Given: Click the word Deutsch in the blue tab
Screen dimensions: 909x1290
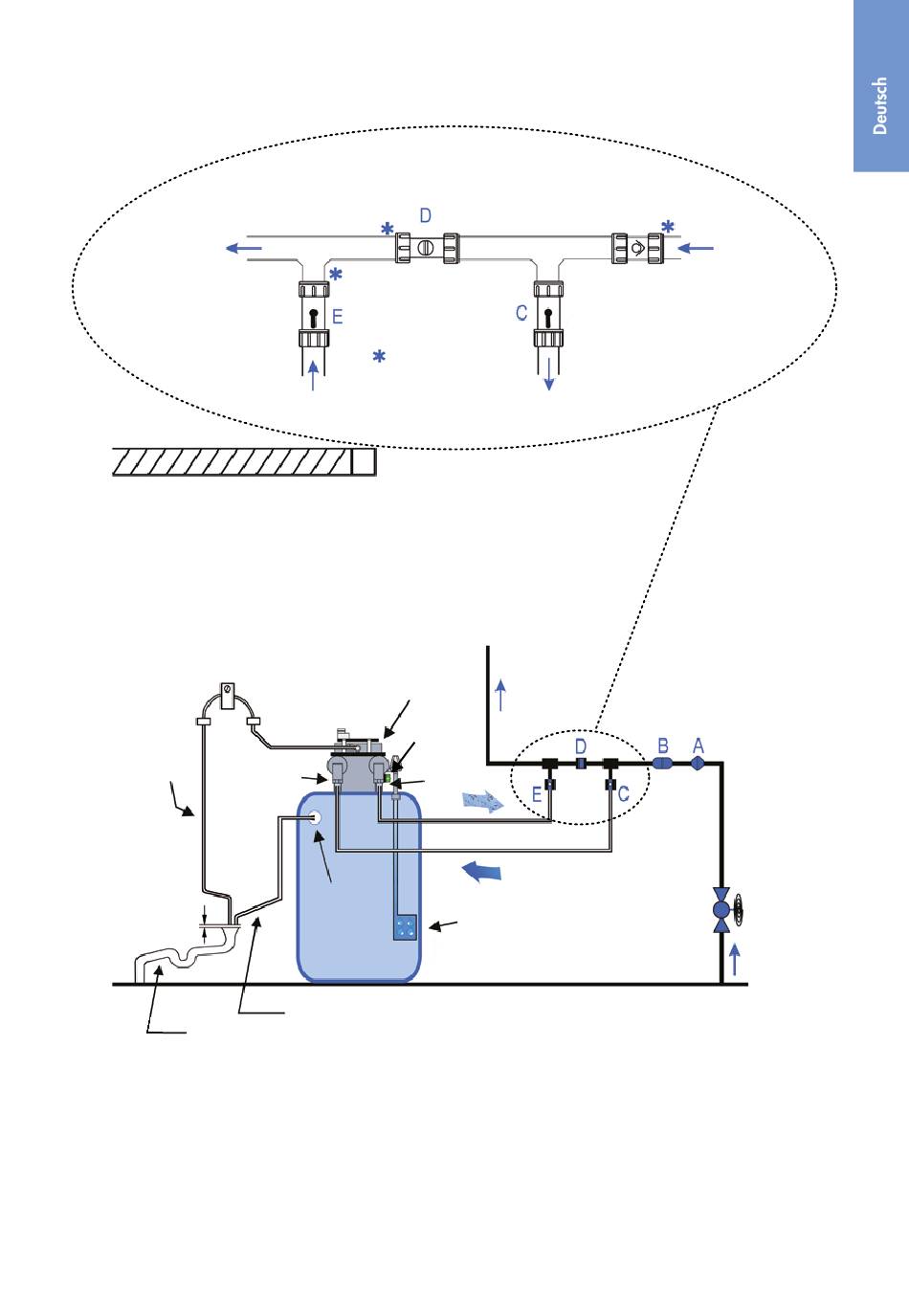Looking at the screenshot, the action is click(x=879, y=105).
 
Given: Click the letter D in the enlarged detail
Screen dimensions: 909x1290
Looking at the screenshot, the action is click(x=426, y=215).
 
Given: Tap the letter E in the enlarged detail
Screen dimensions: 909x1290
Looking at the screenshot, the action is click(x=338, y=316).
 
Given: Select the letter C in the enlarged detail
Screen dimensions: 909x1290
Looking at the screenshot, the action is click(x=521, y=313).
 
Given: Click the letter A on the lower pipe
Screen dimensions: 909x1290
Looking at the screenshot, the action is click(x=698, y=745).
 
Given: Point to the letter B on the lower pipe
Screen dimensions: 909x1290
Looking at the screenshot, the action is click(x=662, y=745).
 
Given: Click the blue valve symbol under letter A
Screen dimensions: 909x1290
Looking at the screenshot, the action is click(x=698, y=764).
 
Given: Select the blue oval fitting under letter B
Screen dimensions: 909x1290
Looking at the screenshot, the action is click(x=662, y=764).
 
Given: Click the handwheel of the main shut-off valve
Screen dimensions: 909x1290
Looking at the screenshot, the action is click(x=740, y=910).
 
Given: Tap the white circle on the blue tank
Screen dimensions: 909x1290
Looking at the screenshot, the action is click(x=315, y=818).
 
